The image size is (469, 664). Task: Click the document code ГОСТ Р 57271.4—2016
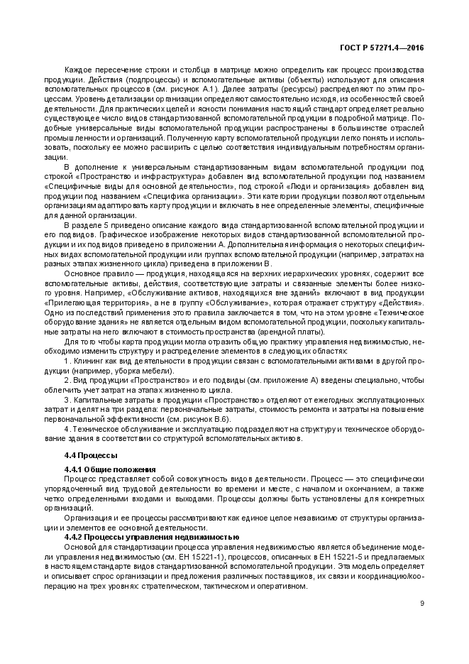pos(382,47)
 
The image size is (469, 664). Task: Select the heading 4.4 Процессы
pos(91,455)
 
